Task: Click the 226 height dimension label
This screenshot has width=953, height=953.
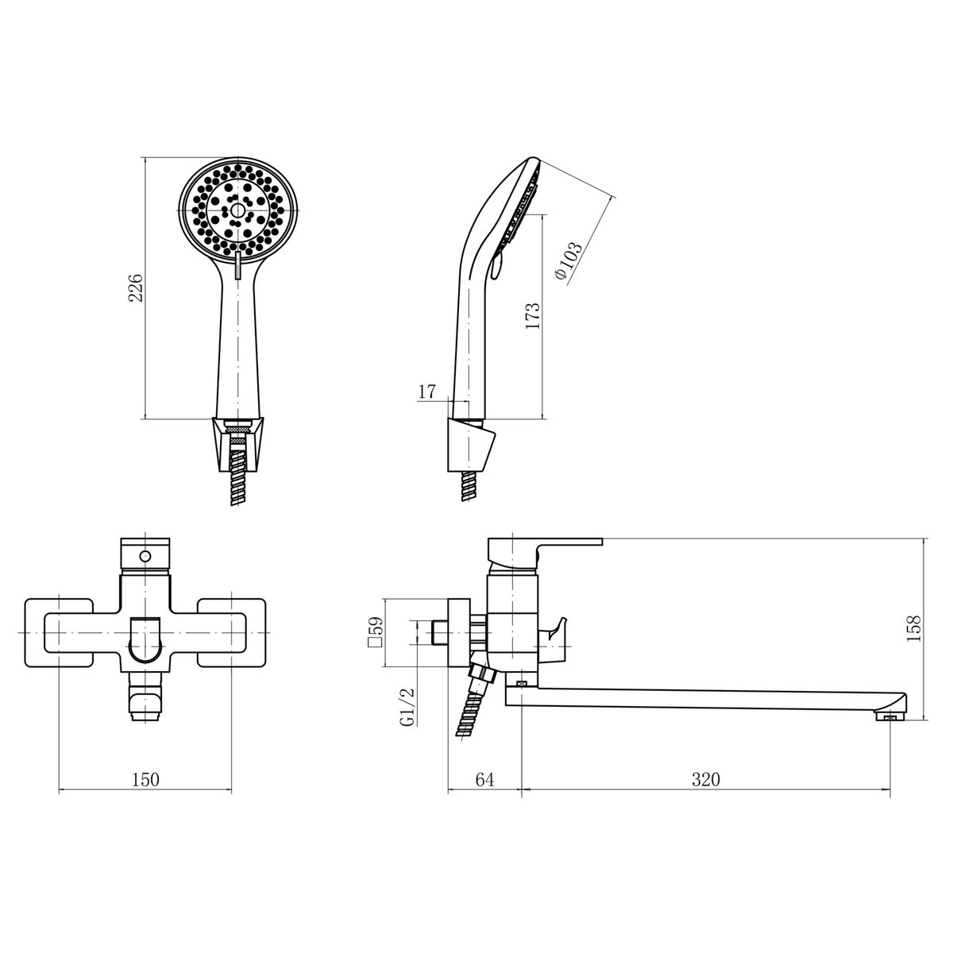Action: (136, 287)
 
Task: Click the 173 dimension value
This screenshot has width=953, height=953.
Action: (533, 317)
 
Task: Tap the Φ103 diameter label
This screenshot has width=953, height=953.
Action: (569, 261)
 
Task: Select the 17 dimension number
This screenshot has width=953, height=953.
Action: (426, 392)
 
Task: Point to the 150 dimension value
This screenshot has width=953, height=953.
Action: (146, 779)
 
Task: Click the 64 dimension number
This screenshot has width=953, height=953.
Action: (484, 779)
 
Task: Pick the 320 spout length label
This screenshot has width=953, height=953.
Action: (706, 779)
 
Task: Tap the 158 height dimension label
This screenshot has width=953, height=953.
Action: (914, 628)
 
